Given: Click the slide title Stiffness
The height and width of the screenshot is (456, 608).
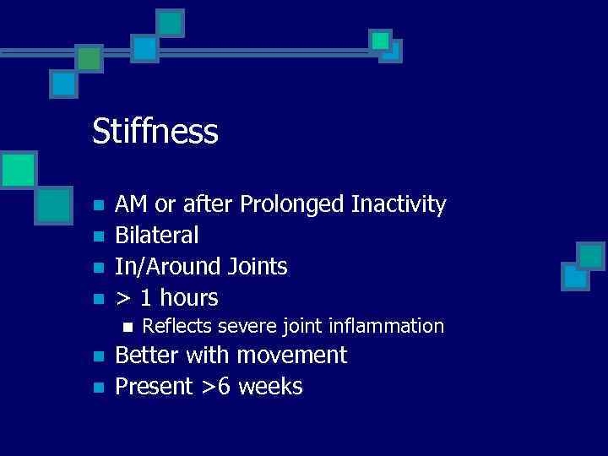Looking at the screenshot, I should [x=155, y=132].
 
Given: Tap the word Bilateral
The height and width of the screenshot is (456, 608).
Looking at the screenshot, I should [x=157, y=236].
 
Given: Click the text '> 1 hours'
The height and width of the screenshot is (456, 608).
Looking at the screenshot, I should [x=166, y=298].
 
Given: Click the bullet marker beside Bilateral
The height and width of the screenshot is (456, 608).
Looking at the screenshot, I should [x=98, y=236].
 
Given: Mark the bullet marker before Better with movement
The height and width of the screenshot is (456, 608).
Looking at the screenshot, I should [x=98, y=356].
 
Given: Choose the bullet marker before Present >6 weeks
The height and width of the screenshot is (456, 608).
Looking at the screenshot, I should [x=98, y=388].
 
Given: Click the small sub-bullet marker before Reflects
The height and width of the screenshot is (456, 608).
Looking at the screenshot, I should [x=128, y=327].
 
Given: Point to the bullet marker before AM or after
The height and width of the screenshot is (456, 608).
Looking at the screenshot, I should [x=98, y=205].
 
